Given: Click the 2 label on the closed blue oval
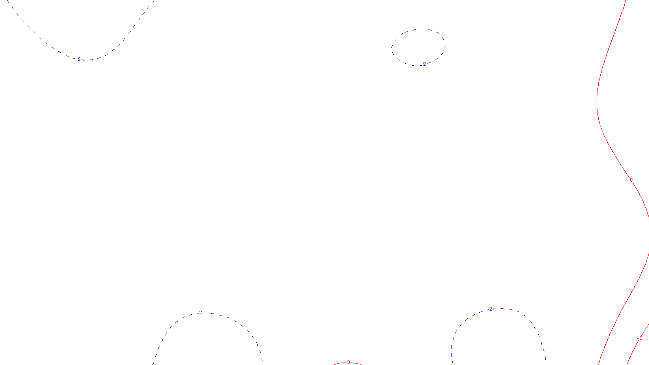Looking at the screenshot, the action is tap(424, 64).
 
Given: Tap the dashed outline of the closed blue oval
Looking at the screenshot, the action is tap(392, 48).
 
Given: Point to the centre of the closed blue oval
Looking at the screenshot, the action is tap(418, 47).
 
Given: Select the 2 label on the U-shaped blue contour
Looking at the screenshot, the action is tap(79, 59).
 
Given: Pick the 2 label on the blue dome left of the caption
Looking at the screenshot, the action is tap(200, 313).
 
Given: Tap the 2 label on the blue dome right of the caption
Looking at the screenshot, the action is tap(490, 309).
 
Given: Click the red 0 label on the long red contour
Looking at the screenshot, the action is tap(631, 180).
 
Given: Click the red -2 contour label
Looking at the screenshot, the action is tap(640, 338).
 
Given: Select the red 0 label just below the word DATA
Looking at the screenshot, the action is tap(348, 363).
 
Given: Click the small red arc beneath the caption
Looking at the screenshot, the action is tap(339, 364).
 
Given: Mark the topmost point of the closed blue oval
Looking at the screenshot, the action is tap(422, 29).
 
